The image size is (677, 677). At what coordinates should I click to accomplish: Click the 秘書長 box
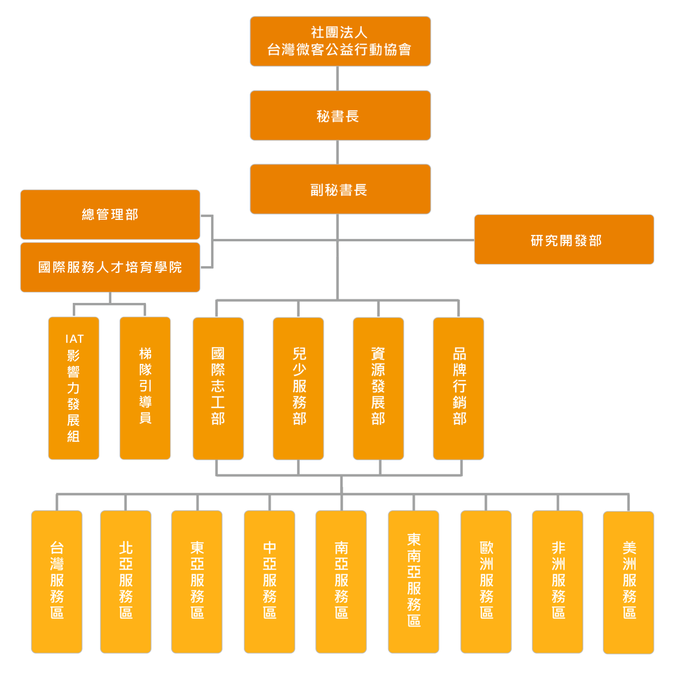click(340, 116)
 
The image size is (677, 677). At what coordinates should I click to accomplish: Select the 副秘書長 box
click(340, 189)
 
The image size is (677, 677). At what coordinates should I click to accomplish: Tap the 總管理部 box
click(110, 215)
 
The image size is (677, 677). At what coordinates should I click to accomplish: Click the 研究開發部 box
click(564, 239)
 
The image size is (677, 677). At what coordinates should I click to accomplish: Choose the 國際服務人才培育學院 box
click(110, 267)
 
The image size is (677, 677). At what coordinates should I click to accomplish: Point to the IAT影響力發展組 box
click(74, 388)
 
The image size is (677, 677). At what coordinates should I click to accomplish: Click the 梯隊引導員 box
click(145, 388)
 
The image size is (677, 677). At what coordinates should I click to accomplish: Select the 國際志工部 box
click(218, 388)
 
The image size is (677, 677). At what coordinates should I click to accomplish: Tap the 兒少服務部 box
click(298, 388)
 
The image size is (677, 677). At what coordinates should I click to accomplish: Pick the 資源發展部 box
click(378, 388)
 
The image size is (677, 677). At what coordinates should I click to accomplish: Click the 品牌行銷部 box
click(459, 388)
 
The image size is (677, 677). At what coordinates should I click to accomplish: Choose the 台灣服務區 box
click(57, 582)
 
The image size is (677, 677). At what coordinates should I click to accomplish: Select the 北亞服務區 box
click(126, 582)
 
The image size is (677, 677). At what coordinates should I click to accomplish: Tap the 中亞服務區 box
click(270, 582)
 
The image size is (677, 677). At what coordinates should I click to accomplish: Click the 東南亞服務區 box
click(413, 582)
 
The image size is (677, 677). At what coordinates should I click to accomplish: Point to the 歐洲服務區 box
click(486, 582)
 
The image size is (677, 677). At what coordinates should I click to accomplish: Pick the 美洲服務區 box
click(628, 582)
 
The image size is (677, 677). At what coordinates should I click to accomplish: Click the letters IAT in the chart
click(74, 339)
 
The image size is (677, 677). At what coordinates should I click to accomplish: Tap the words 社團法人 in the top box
click(339, 33)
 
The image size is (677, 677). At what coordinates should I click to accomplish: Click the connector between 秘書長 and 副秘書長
click(338, 152)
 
